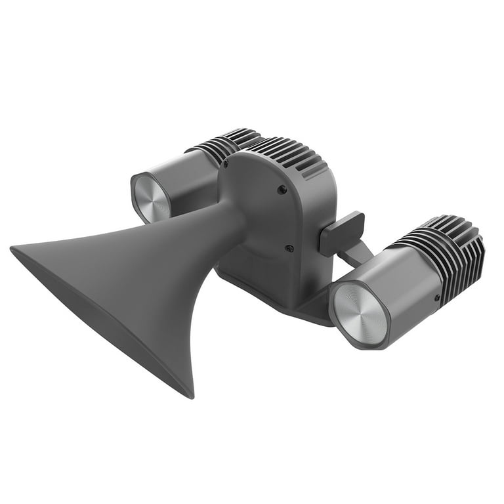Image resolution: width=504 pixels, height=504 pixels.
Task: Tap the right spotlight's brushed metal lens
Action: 360,312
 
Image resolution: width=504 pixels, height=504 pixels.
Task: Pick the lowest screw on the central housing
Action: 289,248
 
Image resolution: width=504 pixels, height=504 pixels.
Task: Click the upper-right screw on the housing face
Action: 282,190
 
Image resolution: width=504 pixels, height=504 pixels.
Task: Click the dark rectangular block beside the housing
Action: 341,233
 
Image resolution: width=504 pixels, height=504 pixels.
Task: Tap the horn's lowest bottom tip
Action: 190,396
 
